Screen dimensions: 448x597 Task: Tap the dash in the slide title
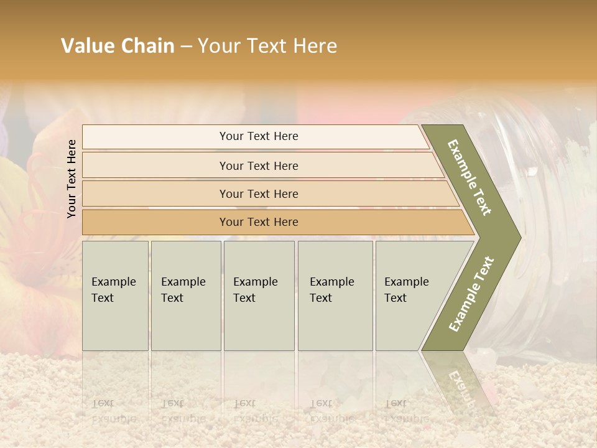[186, 46]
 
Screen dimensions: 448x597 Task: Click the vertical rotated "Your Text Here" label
[72, 179]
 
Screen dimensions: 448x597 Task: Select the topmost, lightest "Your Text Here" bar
[259, 136]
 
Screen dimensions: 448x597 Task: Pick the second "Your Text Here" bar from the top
[259, 166]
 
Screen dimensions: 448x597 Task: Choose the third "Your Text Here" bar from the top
[259, 194]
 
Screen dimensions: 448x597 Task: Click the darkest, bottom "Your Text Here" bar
[259, 222]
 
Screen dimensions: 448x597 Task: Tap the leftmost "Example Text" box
[115, 296]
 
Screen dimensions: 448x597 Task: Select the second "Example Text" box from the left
[186, 296]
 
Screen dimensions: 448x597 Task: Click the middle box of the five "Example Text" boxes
[259, 296]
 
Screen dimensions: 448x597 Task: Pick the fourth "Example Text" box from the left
[335, 296]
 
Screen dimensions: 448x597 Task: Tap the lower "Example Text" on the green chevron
[471, 294]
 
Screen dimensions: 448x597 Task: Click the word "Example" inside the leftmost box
[113, 282]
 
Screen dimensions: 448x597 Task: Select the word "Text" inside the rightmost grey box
[396, 298]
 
